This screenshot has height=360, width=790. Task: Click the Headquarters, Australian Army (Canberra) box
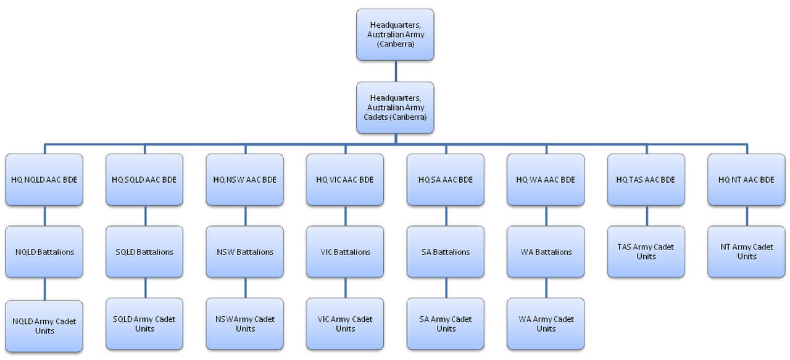click(x=395, y=35)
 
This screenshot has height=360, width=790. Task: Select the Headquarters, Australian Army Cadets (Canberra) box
click(x=395, y=107)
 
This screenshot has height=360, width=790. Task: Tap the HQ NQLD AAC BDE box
click(x=44, y=180)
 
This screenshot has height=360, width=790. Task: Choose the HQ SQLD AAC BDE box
click(x=144, y=180)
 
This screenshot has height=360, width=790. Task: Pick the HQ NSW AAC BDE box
click(x=245, y=180)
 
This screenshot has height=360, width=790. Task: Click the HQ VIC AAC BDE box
click(x=345, y=180)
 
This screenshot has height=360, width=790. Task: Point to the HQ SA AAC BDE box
click(x=446, y=180)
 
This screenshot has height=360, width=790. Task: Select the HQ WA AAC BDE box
click(x=546, y=180)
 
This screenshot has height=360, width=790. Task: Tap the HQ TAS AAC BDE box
click(x=646, y=180)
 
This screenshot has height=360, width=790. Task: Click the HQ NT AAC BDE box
click(x=746, y=180)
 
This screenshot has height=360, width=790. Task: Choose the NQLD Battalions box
click(x=44, y=252)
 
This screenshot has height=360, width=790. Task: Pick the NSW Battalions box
click(x=245, y=252)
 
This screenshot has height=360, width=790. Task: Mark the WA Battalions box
click(x=546, y=252)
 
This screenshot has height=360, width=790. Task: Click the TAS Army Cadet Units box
click(x=646, y=252)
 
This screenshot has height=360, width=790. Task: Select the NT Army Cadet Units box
click(x=746, y=252)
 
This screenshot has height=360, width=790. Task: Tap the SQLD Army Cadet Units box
click(x=144, y=324)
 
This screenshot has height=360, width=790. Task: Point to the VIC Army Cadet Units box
click(x=345, y=324)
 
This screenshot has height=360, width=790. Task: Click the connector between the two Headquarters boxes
click(x=396, y=71)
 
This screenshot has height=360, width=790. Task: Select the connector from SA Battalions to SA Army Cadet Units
click(x=446, y=288)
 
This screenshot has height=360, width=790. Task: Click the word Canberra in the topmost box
click(x=396, y=44)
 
